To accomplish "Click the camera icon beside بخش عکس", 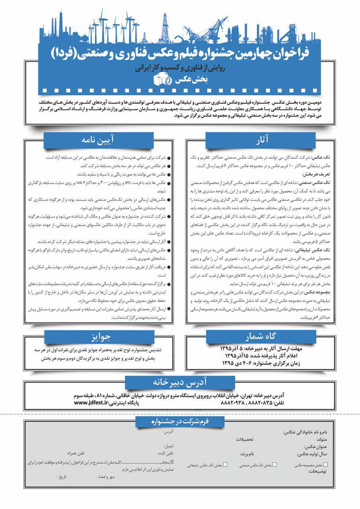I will pyautogui.click(x=163, y=80).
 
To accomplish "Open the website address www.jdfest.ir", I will pyautogui.click(x=91, y=403).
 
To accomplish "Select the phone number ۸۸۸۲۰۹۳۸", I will pyautogui.click(x=213, y=403).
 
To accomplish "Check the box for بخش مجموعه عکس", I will pyautogui.click(x=326, y=464).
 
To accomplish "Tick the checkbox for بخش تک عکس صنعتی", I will pyautogui.click(x=274, y=464).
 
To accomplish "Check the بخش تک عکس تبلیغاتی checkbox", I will pyautogui.click(x=226, y=464).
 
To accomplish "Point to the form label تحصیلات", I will pyautogui.click(x=245, y=439).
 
